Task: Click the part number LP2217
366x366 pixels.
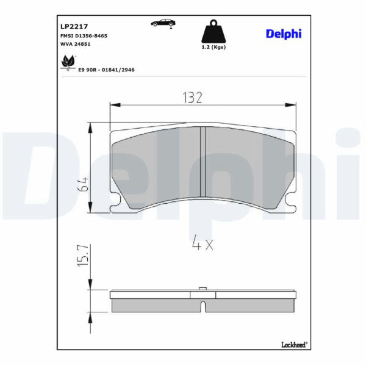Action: pyautogui.click(x=74, y=27)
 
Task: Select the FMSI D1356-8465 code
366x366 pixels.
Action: pyautogui.click(x=84, y=36)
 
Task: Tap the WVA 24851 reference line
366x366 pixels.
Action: pyautogui.click(x=76, y=44)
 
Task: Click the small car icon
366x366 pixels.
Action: pyautogui.click(x=163, y=23)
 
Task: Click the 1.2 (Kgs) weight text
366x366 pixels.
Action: pyautogui.click(x=213, y=47)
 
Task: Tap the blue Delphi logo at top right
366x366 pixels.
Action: pyautogui.click(x=284, y=34)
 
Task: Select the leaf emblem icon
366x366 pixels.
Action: pyautogui.click(x=68, y=62)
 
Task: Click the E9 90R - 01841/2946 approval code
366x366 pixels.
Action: pyautogui.click(x=106, y=70)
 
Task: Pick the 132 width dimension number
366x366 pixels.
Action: pyautogui.click(x=192, y=98)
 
